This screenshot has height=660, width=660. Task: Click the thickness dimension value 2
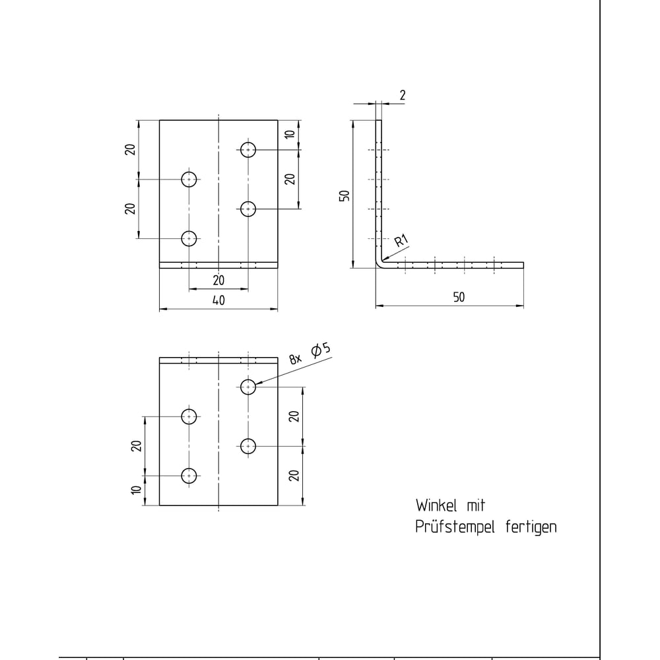[x=403, y=95]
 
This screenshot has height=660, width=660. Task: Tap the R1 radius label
[x=401, y=241]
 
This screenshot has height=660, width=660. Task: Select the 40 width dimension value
[x=218, y=300]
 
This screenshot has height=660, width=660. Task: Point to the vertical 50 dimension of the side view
[x=345, y=196]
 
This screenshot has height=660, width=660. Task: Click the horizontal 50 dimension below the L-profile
[x=459, y=297]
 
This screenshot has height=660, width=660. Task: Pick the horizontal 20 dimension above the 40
[x=218, y=280]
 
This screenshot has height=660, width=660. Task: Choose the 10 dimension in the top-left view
[x=290, y=134]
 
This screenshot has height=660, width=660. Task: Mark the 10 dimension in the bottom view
[x=136, y=490]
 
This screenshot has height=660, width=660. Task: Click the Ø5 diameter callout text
[x=321, y=350]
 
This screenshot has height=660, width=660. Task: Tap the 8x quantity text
[x=296, y=359]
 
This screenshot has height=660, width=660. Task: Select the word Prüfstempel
[x=455, y=527]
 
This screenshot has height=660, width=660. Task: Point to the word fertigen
[x=531, y=527]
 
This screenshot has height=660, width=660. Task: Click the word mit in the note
[x=476, y=506]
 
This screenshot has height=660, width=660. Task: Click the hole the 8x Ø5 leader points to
[x=248, y=387]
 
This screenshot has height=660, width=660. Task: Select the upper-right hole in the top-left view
[x=248, y=149]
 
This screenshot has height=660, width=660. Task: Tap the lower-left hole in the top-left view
[x=189, y=239]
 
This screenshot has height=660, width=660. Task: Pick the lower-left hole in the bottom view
[x=189, y=476]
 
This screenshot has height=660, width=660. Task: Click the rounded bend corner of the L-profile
[x=378, y=265]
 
